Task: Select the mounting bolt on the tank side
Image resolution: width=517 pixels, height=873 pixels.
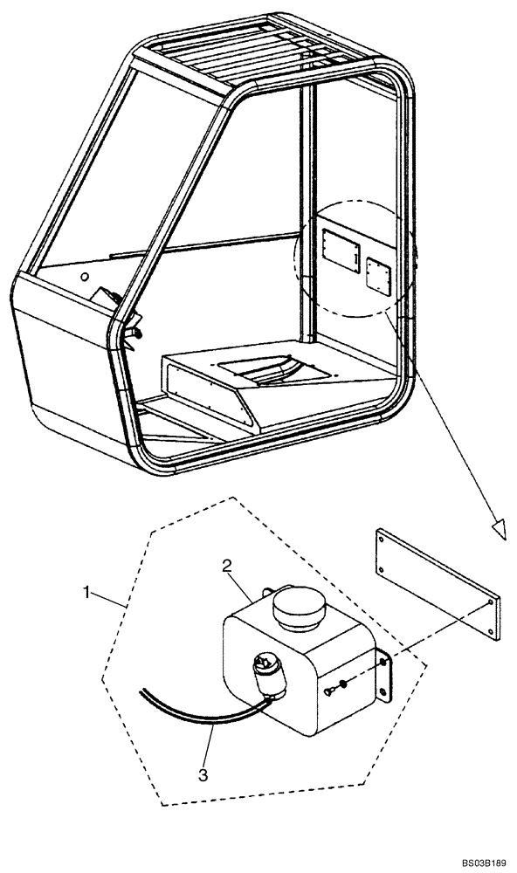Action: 329,692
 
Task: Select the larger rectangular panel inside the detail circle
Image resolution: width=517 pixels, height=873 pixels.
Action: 341,248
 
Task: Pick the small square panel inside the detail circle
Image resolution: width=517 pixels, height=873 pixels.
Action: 379,275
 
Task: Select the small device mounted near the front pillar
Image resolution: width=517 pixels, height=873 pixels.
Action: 109,302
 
